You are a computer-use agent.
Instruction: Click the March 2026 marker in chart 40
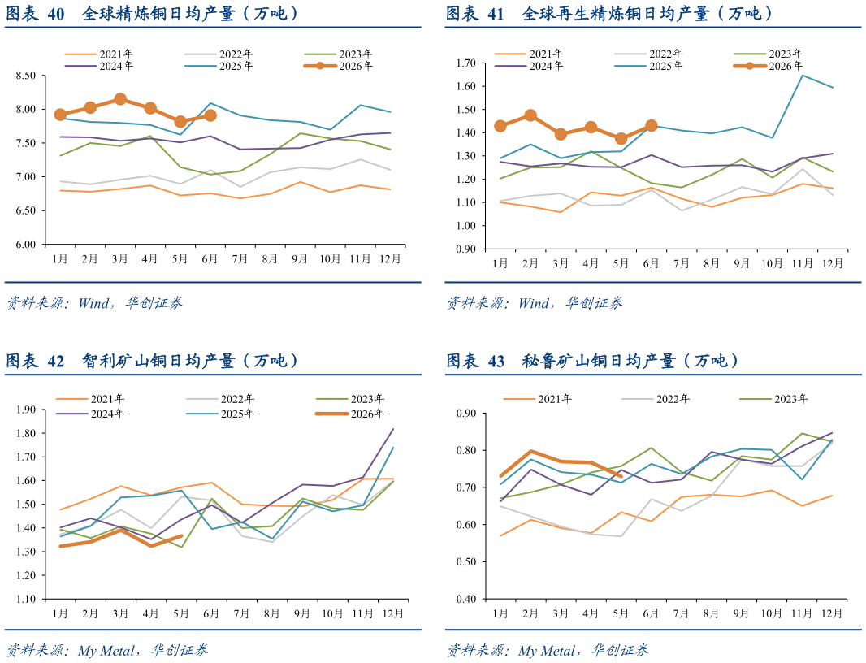tap(120, 99)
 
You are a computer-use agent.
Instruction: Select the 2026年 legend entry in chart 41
tap(768, 67)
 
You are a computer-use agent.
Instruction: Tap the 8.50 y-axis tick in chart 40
tap(25, 76)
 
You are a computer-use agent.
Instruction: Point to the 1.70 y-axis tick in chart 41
tap(466, 63)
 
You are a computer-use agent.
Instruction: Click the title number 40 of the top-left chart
tap(56, 14)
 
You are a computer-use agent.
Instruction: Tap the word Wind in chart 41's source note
tap(535, 303)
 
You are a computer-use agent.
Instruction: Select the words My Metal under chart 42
tap(106, 651)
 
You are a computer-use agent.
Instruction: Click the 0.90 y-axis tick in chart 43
tap(466, 414)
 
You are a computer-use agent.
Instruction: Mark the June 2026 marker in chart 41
tap(652, 126)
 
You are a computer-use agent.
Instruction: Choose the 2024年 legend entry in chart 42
tap(90, 414)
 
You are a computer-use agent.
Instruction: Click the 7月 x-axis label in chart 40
tap(240, 258)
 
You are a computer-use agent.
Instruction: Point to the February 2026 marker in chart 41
tap(530, 115)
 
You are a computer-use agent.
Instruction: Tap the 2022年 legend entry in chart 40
tap(219, 54)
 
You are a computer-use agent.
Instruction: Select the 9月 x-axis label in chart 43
tap(741, 613)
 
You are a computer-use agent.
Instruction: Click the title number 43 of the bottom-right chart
tap(496, 362)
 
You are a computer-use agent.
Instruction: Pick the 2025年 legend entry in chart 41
tap(648, 67)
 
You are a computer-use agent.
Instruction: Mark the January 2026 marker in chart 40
tap(60, 115)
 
